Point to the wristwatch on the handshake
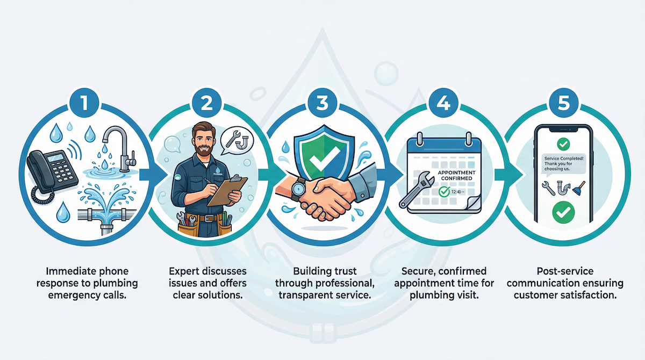(298, 188)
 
